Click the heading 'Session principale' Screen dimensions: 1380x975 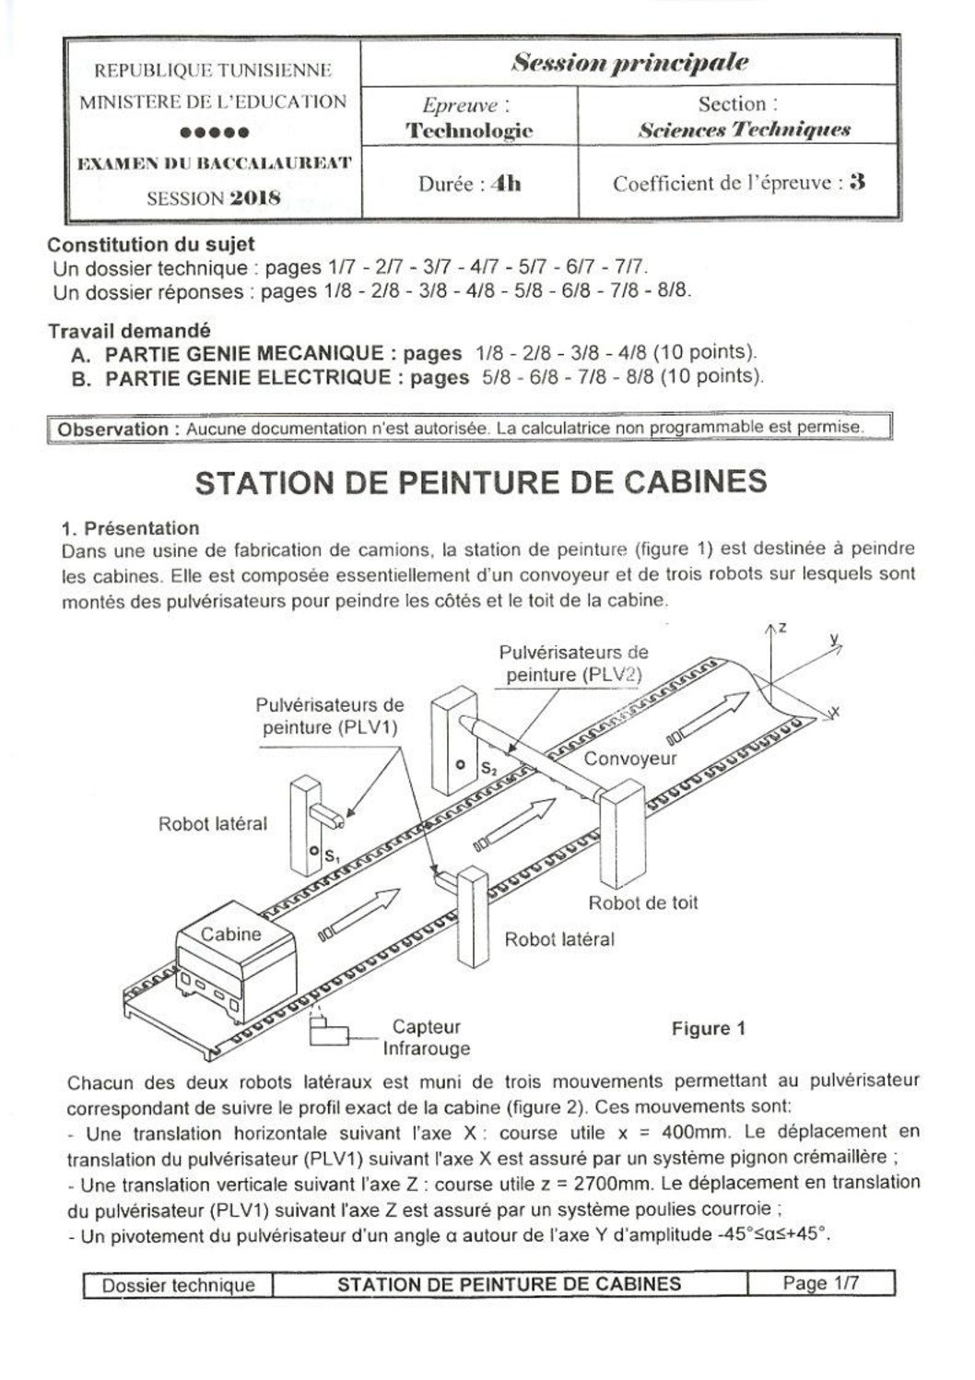629,63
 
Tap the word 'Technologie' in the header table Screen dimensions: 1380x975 469,130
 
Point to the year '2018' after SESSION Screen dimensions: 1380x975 255,197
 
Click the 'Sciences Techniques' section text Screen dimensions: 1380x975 744,130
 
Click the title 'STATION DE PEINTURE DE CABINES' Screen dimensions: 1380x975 481,483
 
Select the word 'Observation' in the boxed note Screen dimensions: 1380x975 112,429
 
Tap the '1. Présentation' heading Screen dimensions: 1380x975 131,528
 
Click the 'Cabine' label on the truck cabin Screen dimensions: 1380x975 230,934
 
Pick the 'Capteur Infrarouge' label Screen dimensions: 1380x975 426,1037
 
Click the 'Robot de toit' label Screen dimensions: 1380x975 643,902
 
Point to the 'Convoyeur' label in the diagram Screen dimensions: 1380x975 630,758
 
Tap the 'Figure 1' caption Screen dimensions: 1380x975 708,1029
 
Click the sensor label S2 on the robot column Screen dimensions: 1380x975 488,767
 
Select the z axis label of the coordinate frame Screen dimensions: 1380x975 781,628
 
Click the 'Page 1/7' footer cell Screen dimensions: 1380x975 820,1282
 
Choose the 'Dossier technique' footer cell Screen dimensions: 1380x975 178,1284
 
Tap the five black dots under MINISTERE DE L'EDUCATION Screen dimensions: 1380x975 214,132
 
